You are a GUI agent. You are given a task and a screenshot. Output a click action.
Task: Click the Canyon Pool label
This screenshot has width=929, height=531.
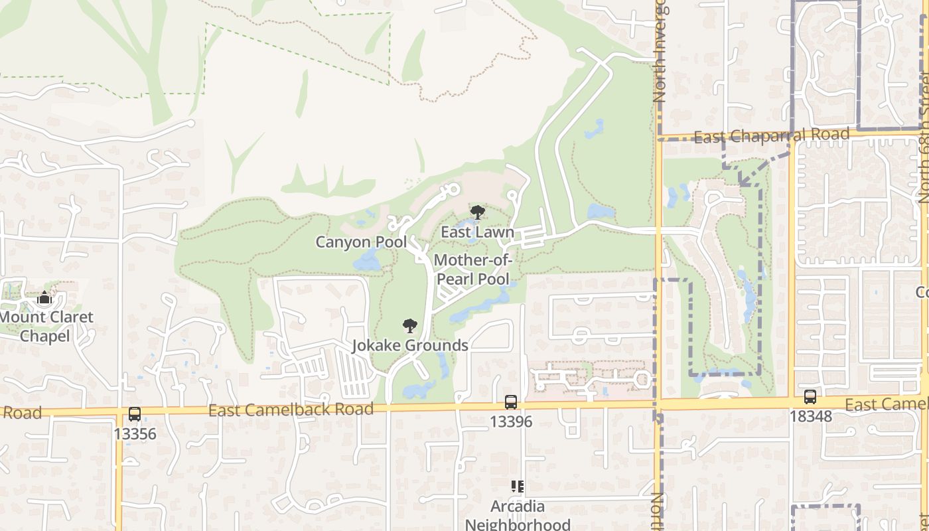(x=361, y=242)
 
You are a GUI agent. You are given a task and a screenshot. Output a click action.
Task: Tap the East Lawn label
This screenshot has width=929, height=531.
(x=478, y=232)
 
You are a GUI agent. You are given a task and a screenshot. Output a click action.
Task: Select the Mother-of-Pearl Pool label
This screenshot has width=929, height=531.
(x=472, y=269)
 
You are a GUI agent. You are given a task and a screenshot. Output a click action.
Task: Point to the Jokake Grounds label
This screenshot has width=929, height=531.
(x=409, y=345)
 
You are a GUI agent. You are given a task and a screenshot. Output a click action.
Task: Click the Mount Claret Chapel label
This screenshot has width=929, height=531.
(x=45, y=327)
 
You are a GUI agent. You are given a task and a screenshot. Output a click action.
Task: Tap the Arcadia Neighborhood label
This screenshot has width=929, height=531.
(x=518, y=516)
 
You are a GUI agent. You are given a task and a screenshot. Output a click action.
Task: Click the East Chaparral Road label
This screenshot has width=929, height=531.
(x=771, y=135)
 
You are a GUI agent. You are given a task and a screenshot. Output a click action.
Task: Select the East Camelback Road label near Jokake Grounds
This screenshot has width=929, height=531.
(x=291, y=410)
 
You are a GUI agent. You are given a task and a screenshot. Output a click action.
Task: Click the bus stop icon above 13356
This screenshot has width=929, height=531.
(x=135, y=414)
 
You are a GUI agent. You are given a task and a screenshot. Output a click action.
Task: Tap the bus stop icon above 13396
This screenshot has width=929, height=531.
(x=511, y=402)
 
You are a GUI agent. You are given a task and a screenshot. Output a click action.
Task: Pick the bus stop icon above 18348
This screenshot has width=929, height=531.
(x=810, y=397)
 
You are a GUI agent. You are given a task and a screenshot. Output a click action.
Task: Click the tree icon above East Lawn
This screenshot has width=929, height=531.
(x=477, y=213)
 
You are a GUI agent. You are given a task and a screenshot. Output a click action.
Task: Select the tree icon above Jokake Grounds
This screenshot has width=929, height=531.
(x=410, y=326)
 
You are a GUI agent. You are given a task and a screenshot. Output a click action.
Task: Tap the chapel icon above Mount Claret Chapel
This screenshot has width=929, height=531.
(x=44, y=297)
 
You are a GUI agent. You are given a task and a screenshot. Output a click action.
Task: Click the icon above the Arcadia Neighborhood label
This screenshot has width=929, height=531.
(x=518, y=487)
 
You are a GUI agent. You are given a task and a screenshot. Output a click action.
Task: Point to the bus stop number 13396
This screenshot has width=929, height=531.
(x=511, y=421)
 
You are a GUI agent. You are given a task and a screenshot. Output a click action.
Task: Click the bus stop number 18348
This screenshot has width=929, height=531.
(x=810, y=417)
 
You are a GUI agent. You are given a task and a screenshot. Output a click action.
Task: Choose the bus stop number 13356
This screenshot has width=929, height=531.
(x=135, y=434)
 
